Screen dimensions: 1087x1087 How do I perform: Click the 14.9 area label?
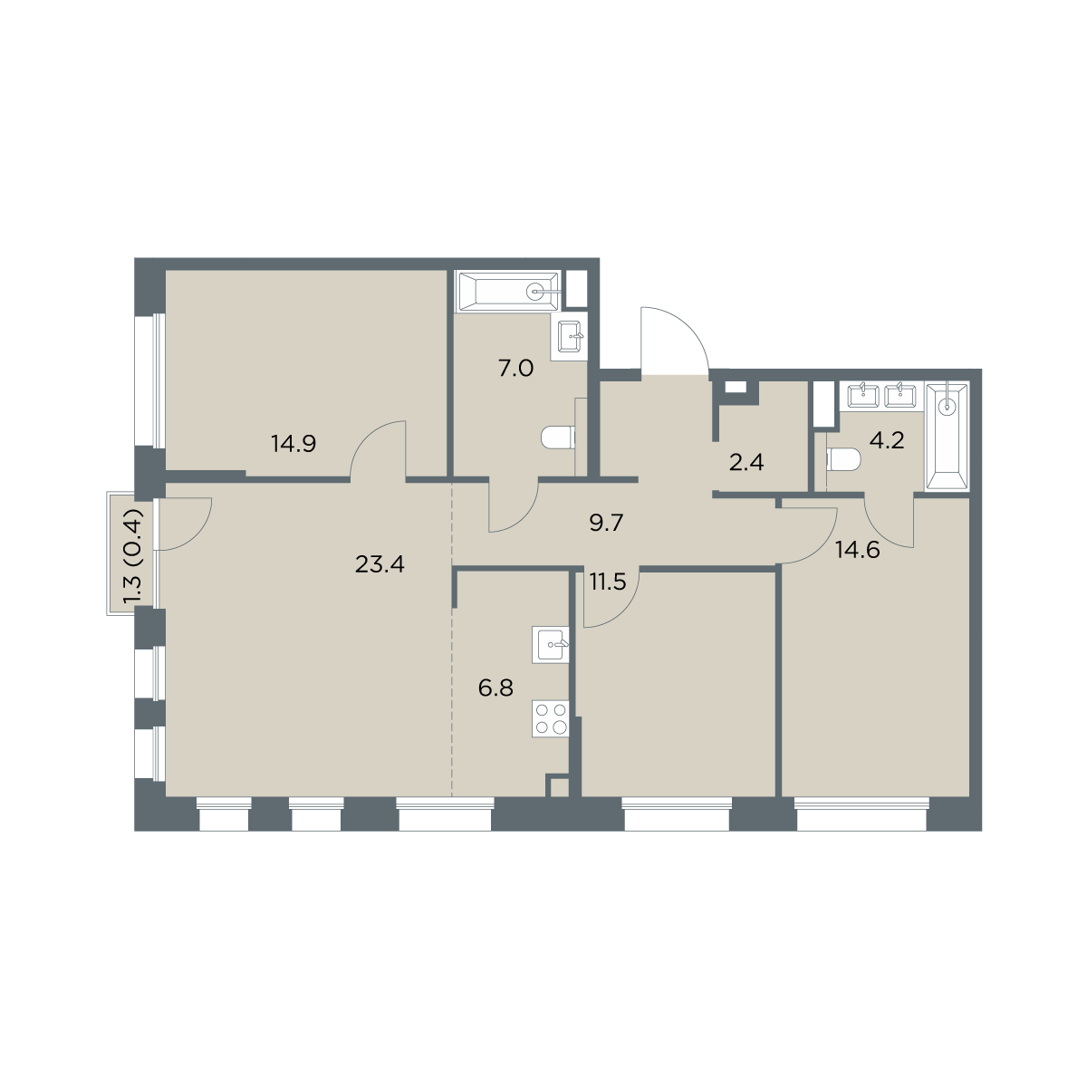click(293, 444)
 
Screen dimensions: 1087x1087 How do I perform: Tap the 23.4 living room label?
click(380, 564)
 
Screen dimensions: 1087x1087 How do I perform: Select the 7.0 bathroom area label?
click(515, 369)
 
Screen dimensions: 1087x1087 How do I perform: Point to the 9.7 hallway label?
click(606, 523)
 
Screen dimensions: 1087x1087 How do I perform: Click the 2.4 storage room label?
click(746, 463)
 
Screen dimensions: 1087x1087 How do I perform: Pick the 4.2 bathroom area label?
click(887, 440)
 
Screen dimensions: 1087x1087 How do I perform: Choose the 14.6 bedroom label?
click(858, 549)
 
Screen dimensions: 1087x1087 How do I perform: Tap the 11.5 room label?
click(608, 581)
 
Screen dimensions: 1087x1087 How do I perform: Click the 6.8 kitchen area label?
click(495, 688)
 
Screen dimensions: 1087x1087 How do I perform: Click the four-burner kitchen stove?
click(550, 718)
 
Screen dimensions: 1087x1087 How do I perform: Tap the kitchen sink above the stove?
click(550, 645)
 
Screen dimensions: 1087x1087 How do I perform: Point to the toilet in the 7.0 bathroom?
click(558, 438)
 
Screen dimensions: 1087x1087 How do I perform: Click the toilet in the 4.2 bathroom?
click(843, 460)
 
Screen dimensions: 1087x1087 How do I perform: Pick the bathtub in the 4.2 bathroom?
click(948, 437)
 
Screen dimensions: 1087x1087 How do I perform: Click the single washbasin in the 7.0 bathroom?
click(570, 336)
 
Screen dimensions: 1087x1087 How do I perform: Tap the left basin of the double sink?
click(863, 396)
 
